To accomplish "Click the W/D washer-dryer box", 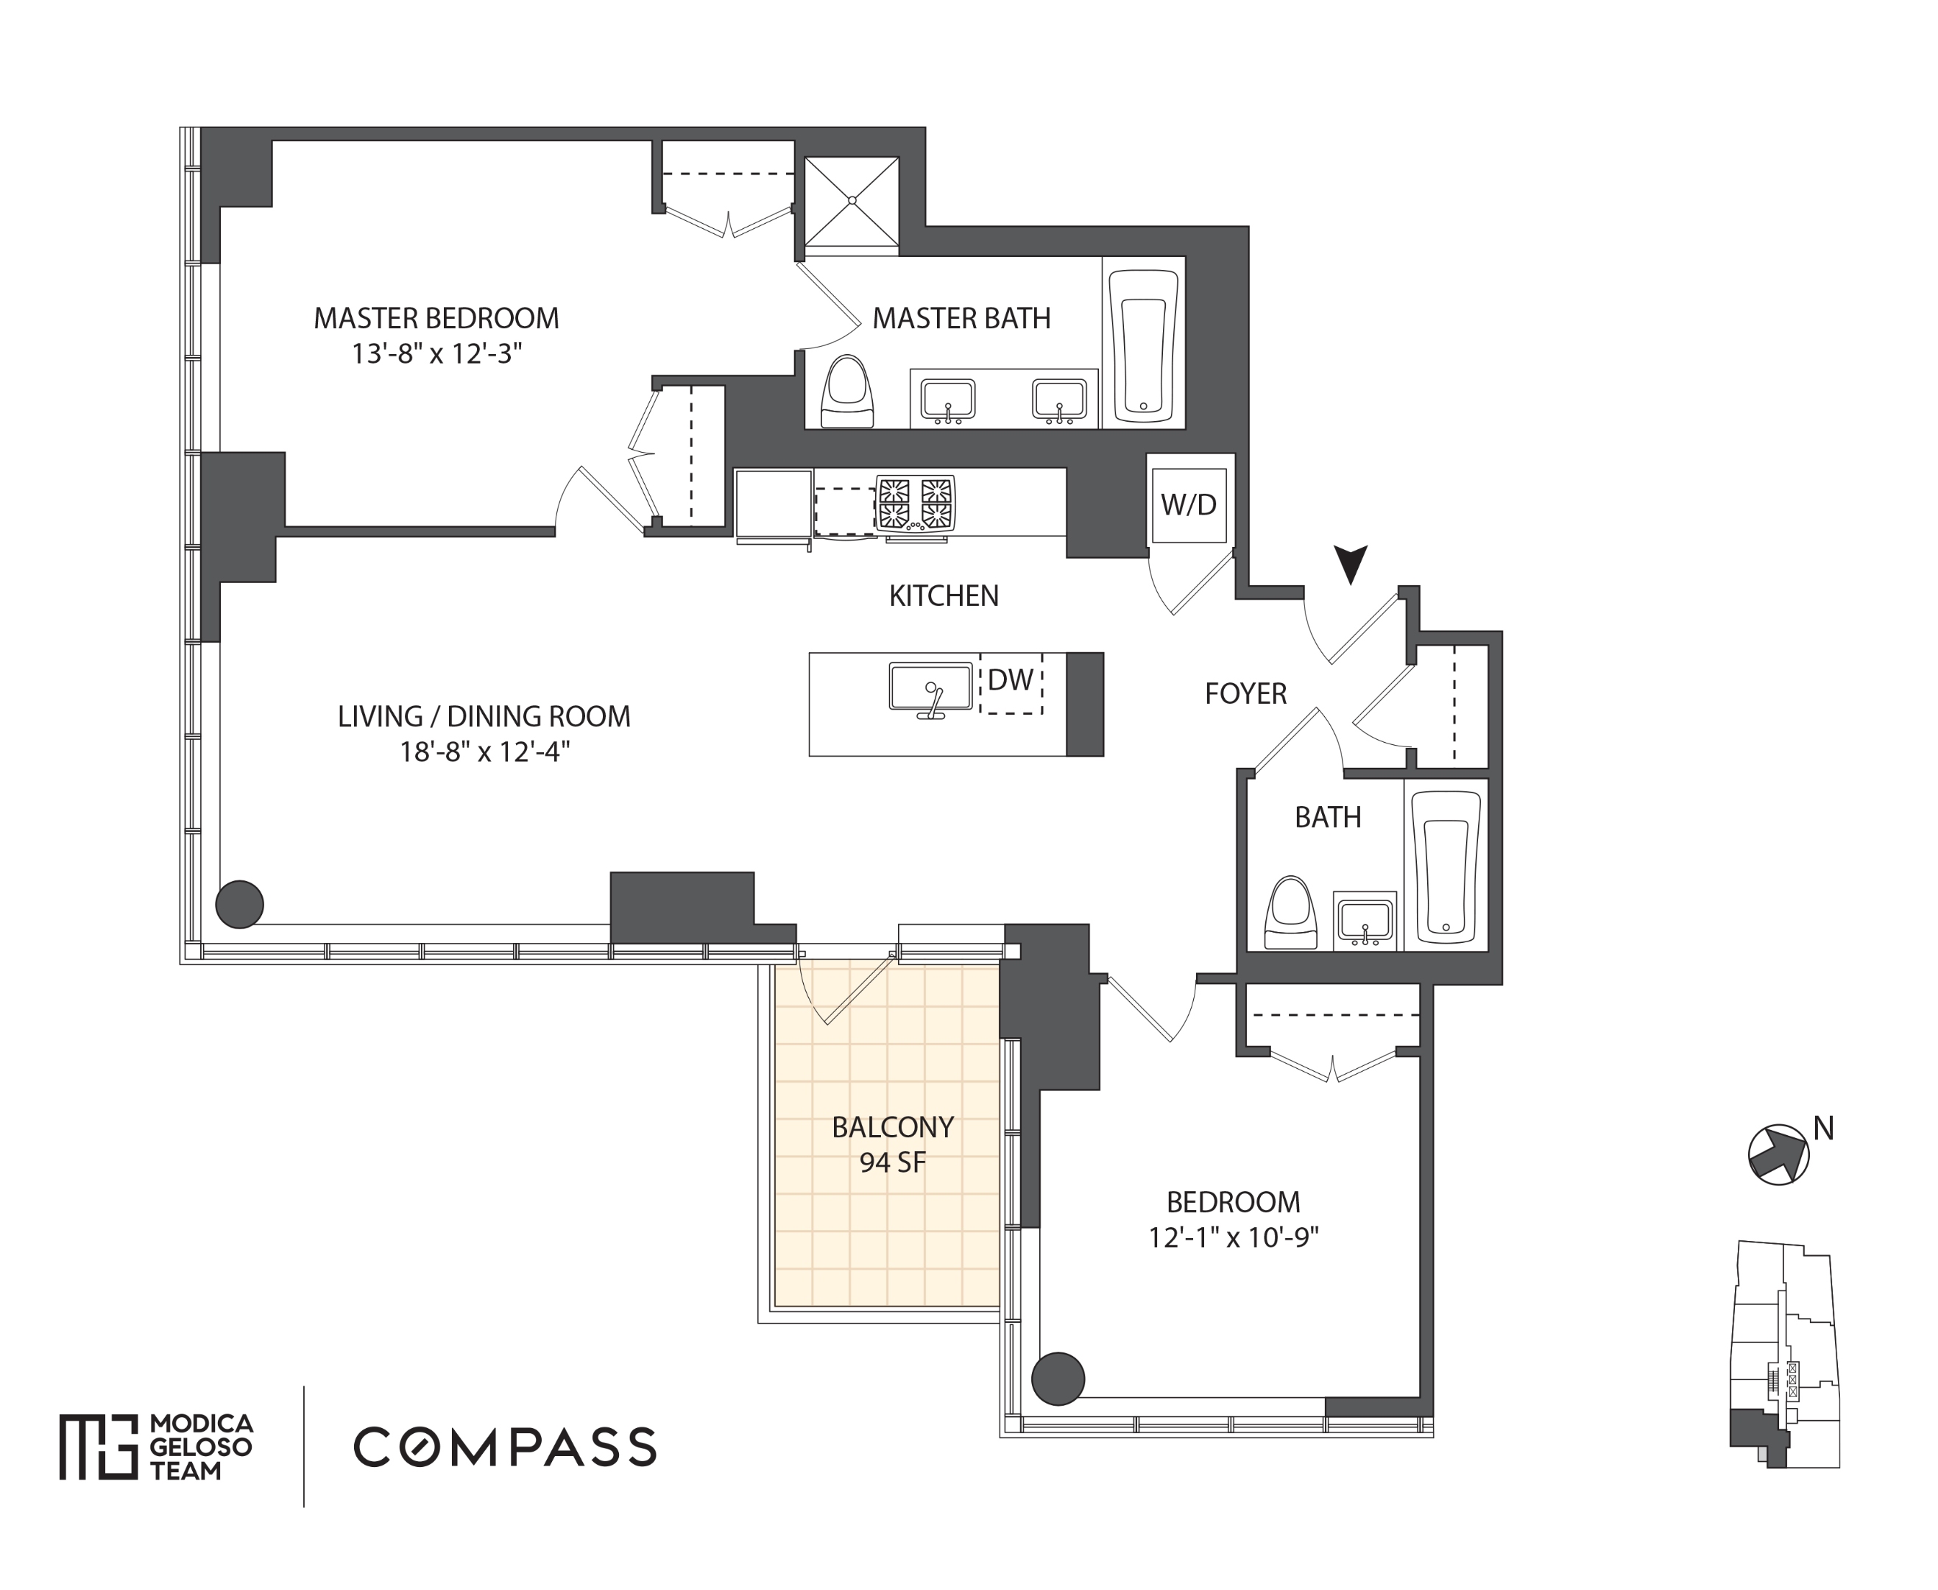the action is (x=1189, y=505).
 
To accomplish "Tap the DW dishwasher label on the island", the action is (x=1010, y=679).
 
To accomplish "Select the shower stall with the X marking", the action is (x=852, y=202).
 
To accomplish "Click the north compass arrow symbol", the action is (x=1778, y=1154).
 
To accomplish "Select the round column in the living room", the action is (x=240, y=904).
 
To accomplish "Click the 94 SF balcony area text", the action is (x=893, y=1162).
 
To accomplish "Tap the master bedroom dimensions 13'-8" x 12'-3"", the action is (x=437, y=353).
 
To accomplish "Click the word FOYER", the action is (x=1245, y=693).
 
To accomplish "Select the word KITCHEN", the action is (x=944, y=596).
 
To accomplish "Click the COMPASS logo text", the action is (x=505, y=1447).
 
